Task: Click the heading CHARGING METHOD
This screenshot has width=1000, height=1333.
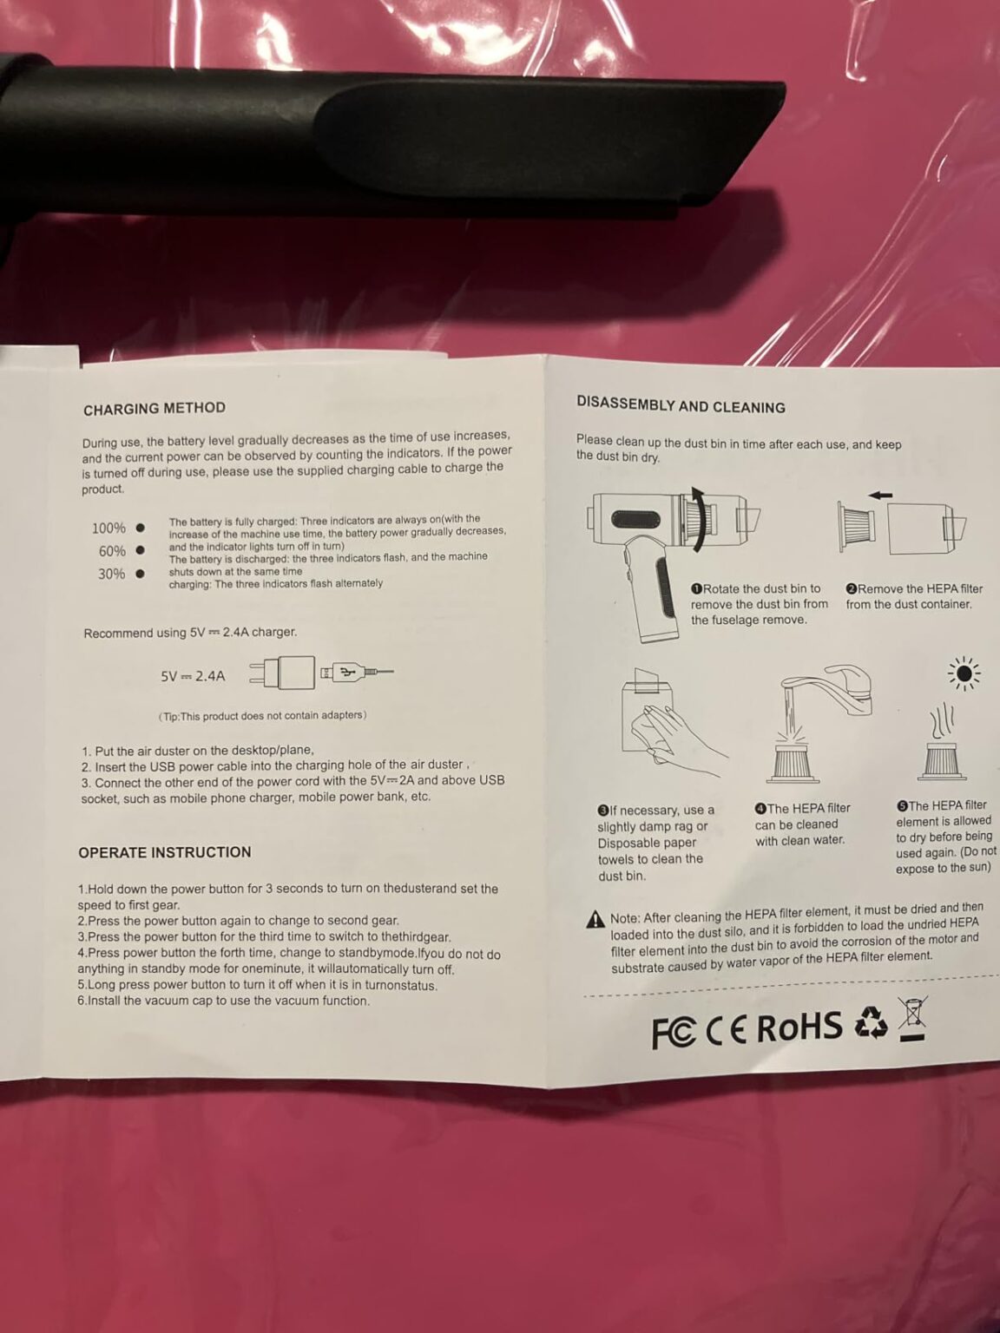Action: pyautogui.click(x=155, y=409)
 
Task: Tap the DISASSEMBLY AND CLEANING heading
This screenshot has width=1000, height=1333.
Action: pyautogui.click(x=681, y=406)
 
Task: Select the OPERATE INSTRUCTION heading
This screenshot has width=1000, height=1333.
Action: pyautogui.click(x=165, y=852)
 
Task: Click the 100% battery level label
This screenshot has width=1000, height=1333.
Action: pyautogui.click(x=109, y=528)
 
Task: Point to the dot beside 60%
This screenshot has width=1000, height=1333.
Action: pyautogui.click(x=141, y=550)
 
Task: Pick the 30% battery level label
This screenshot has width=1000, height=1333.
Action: pyautogui.click(x=112, y=574)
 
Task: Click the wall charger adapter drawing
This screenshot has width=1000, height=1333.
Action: pyautogui.click(x=282, y=673)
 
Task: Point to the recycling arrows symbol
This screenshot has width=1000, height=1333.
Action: pyautogui.click(x=872, y=1022)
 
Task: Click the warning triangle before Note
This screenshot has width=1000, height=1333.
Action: pyautogui.click(x=595, y=920)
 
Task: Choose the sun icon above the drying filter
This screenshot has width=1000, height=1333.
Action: pyautogui.click(x=964, y=673)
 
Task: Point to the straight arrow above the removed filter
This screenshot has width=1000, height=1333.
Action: pyautogui.click(x=880, y=495)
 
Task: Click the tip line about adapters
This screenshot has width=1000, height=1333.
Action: pyautogui.click(x=262, y=715)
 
